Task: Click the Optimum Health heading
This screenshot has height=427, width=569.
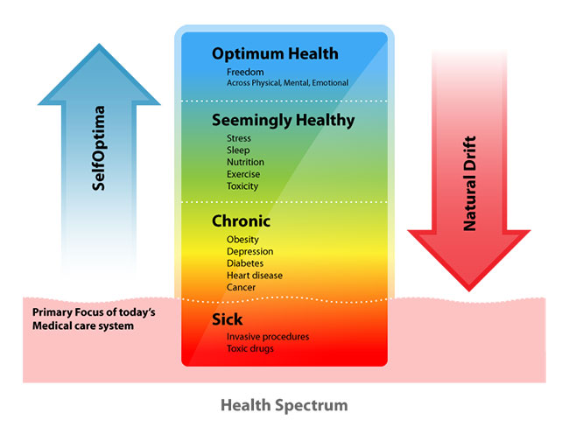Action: click(275, 54)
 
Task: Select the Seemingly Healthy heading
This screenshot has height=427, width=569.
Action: click(284, 121)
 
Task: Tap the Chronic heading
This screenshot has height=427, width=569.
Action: click(241, 220)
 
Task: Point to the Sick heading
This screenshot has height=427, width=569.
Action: click(228, 319)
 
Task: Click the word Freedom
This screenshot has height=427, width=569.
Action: click(245, 72)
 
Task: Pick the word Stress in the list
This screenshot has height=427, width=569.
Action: click(239, 138)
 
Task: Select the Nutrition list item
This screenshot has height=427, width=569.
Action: click(245, 162)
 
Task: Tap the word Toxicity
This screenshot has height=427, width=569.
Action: click(242, 186)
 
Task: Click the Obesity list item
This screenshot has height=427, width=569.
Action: click(242, 240)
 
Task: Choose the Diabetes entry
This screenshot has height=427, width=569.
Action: click(245, 263)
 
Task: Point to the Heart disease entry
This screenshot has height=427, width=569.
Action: click(255, 276)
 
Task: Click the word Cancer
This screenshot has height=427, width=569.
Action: click(241, 287)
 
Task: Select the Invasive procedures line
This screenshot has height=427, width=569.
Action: click(268, 337)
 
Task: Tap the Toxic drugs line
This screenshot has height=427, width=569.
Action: click(250, 348)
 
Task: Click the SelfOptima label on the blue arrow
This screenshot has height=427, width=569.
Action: click(98, 148)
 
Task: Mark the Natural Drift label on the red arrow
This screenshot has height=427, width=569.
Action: click(469, 183)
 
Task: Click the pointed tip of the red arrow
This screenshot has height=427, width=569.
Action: click(469, 291)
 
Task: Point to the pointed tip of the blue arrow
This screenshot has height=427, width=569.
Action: click(99, 45)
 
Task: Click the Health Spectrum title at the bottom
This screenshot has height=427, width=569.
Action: click(284, 405)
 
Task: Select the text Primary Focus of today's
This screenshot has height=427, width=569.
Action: click(94, 312)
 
